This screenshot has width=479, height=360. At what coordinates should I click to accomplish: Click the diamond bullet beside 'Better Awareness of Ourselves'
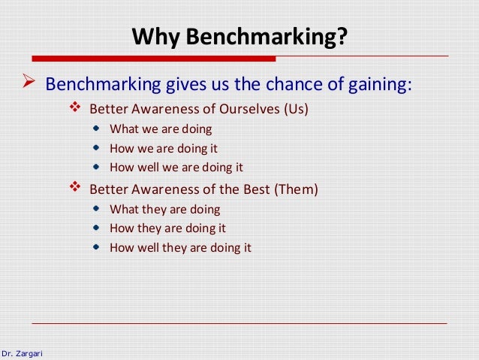[x=74, y=107]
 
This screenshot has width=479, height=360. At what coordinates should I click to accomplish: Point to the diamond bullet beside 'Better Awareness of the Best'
[x=74, y=189]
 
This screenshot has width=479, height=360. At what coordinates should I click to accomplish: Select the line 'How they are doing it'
[x=167, y=228]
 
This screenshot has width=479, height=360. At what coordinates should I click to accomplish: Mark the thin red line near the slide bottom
[x=240, y=323]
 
